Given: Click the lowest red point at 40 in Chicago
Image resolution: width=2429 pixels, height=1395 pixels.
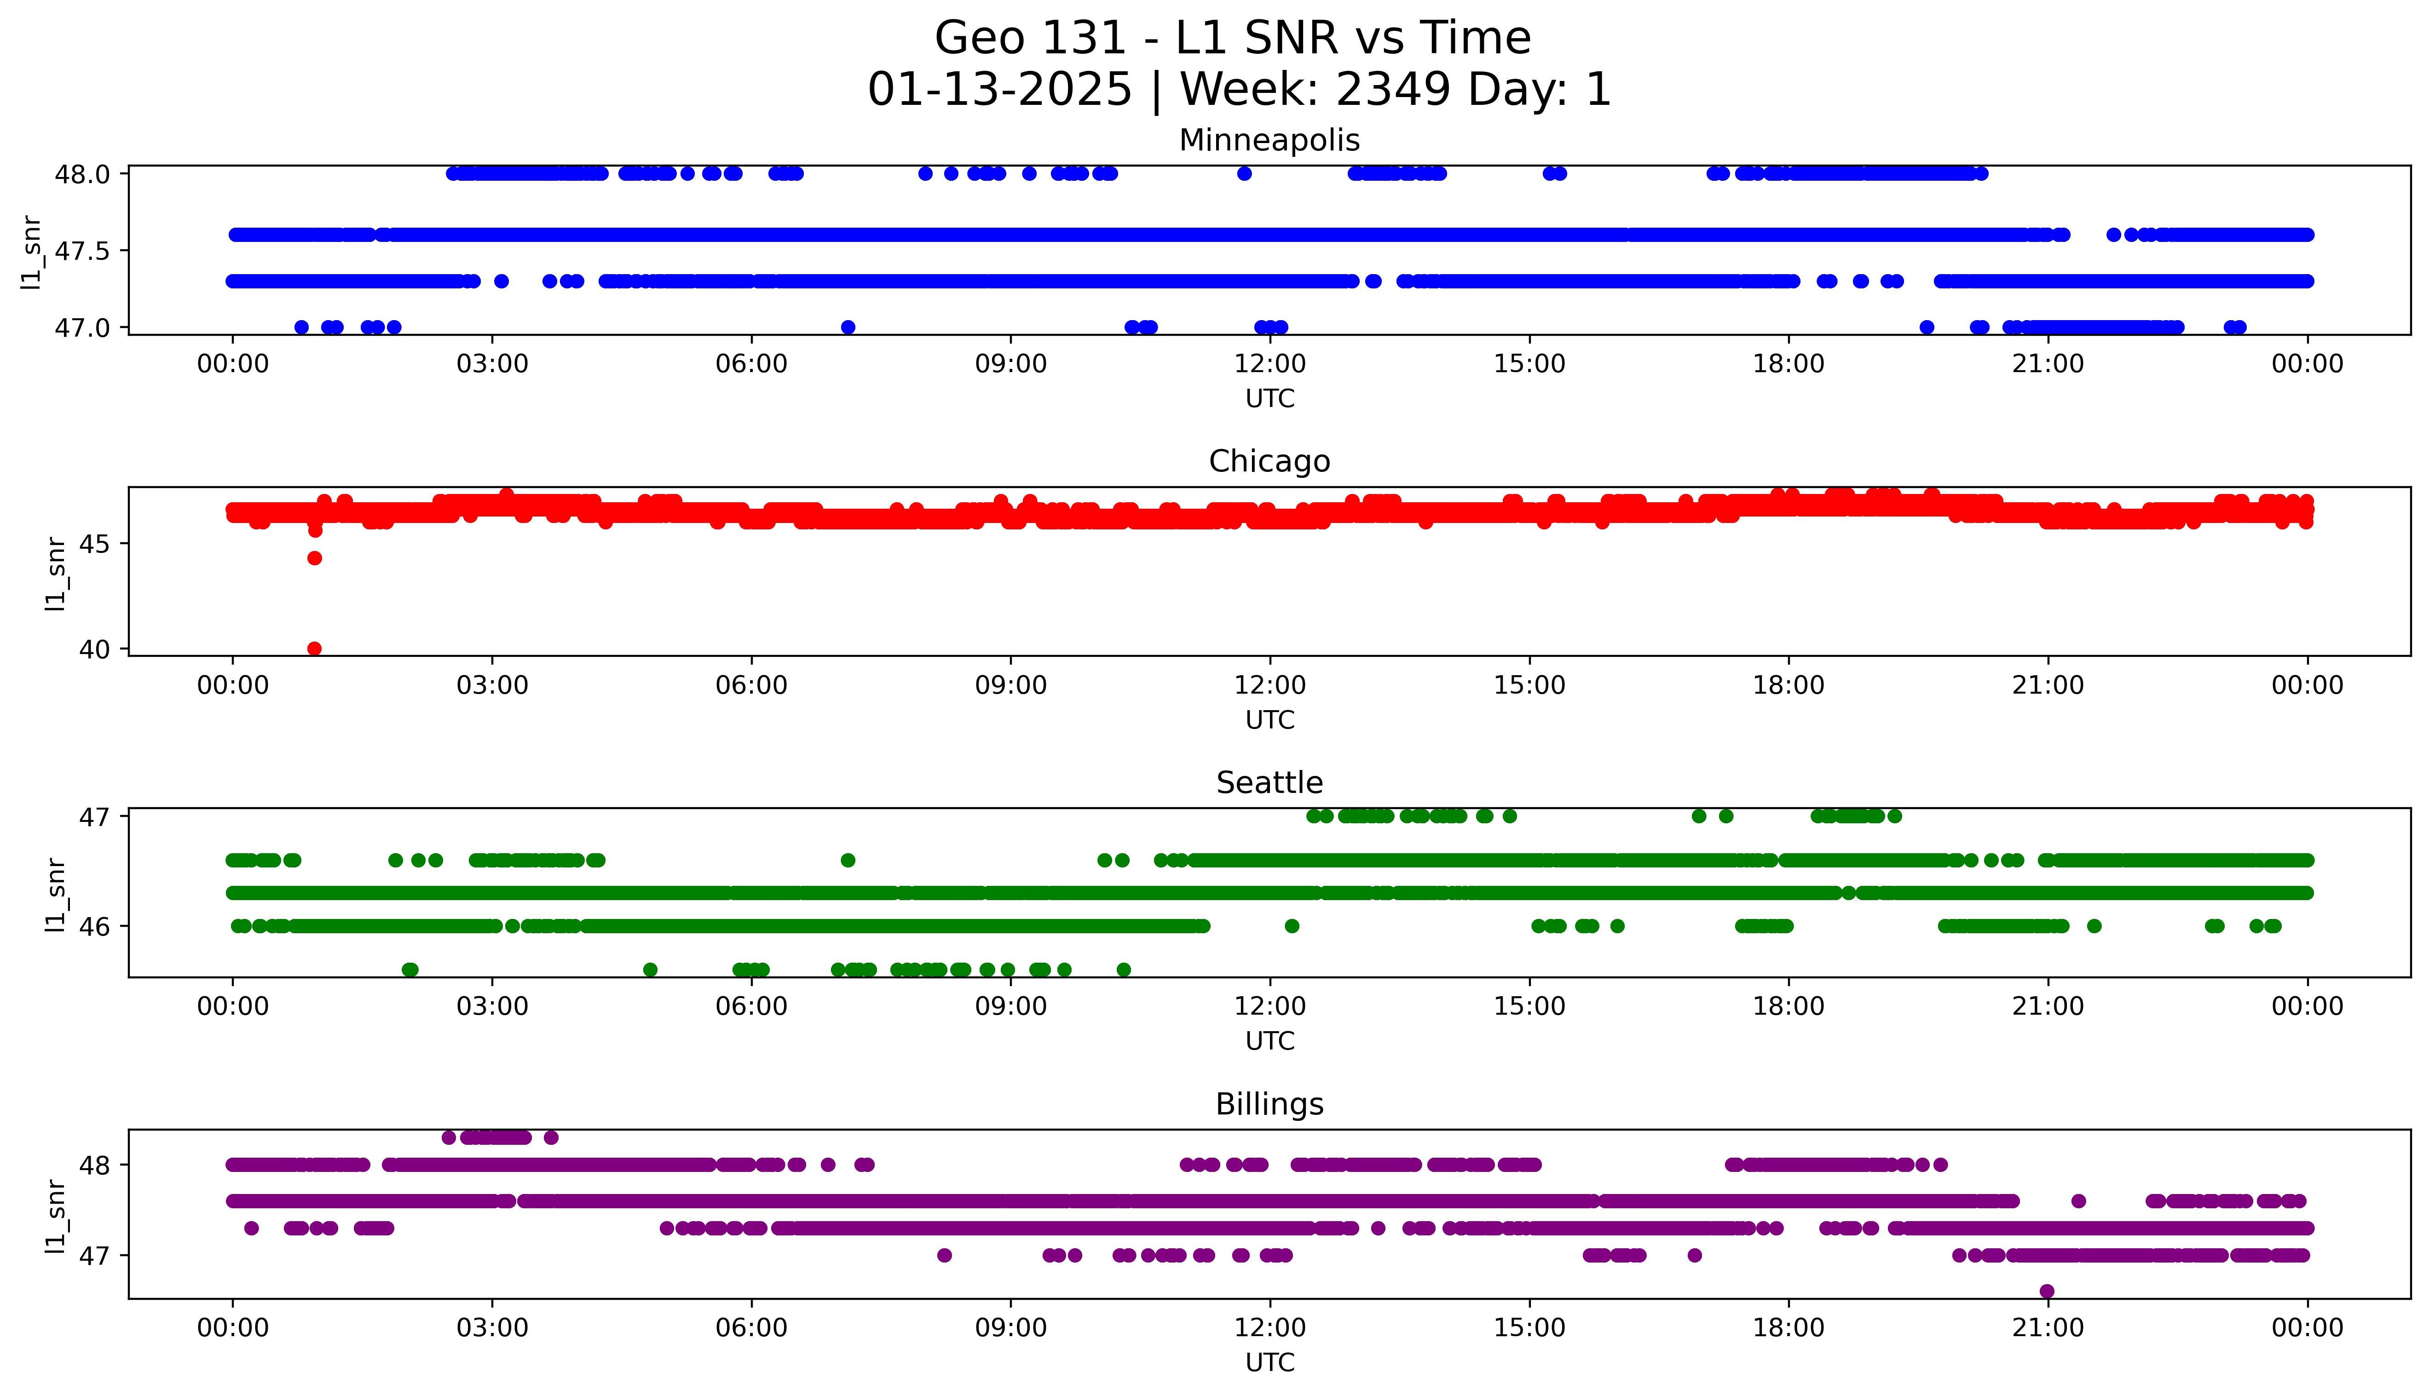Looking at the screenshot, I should click(x=314, y=649).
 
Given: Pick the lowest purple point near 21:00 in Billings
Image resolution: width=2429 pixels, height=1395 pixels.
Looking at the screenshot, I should click(x=2047, y=1291).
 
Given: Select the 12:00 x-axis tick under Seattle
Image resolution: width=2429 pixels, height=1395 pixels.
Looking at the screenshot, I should click(x=1269, y=1007).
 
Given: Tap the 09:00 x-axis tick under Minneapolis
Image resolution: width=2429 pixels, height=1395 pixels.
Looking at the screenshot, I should click(x=1011, y=364).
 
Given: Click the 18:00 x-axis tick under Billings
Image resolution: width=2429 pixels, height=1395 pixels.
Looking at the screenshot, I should click(x=1788, y=1328).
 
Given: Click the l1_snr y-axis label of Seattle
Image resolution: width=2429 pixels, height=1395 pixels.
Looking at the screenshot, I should click(x=56, y=894).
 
